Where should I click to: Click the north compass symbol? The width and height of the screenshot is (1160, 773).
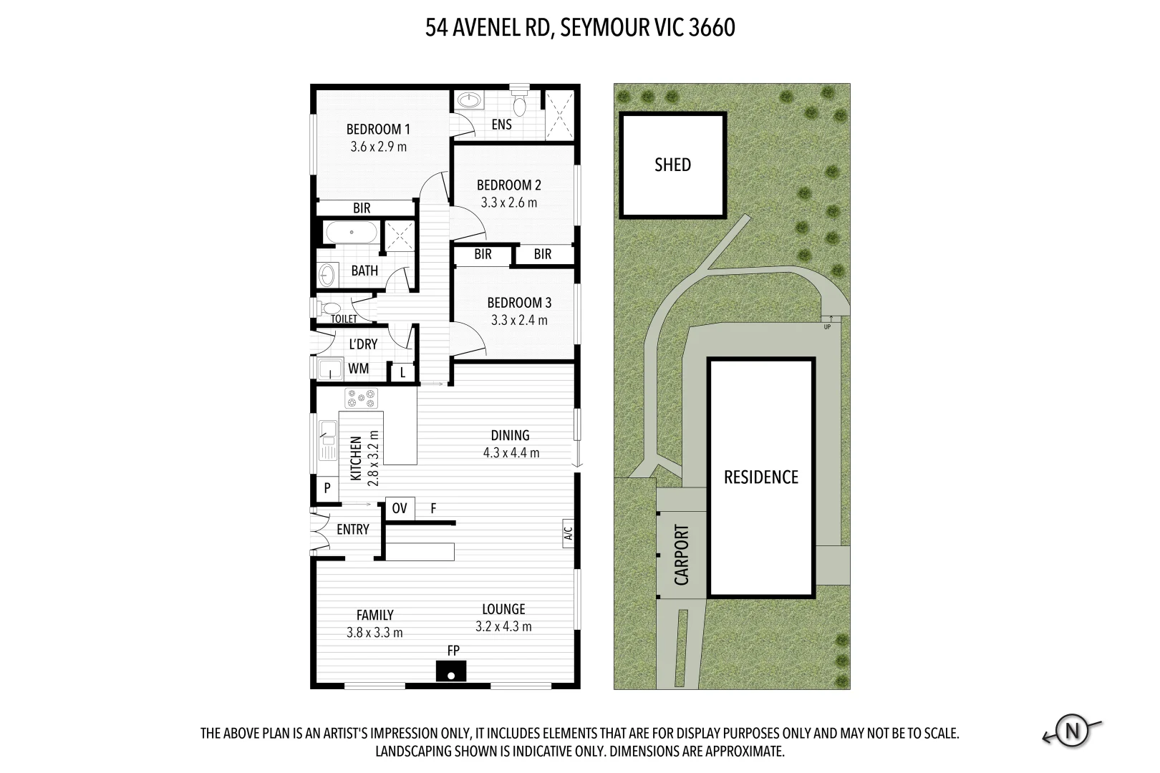click(1072, 731)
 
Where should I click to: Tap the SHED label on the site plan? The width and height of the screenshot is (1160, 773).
click(672, 165)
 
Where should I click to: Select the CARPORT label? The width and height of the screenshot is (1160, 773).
click(681, 555)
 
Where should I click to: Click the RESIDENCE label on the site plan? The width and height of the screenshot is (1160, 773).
click(760, 477)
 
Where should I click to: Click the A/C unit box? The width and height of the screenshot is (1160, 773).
click(568, 533)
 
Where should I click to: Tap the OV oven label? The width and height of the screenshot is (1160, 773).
click(400, 508)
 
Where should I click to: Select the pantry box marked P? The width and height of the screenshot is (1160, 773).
click(327, 488)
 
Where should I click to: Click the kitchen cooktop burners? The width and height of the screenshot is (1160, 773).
click(362, 398)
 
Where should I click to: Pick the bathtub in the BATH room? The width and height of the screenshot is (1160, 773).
click(351, 233)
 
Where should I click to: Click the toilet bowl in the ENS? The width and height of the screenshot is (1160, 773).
click(520, 105)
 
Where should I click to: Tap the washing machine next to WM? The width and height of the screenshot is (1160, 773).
click(331, 369)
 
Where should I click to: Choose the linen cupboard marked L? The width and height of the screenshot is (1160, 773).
click(403, 372)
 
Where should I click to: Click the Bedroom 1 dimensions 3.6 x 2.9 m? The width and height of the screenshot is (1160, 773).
click(378, 147)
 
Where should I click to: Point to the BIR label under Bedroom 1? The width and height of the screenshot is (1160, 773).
click(362, 208)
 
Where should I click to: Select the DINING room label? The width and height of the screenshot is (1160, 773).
click(510, 435)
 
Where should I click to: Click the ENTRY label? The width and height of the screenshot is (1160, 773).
click(352, 530)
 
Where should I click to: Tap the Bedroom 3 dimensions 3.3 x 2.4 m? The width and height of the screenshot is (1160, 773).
click(519, 320)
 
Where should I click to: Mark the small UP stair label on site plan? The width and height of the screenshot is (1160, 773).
click(827, 327)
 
